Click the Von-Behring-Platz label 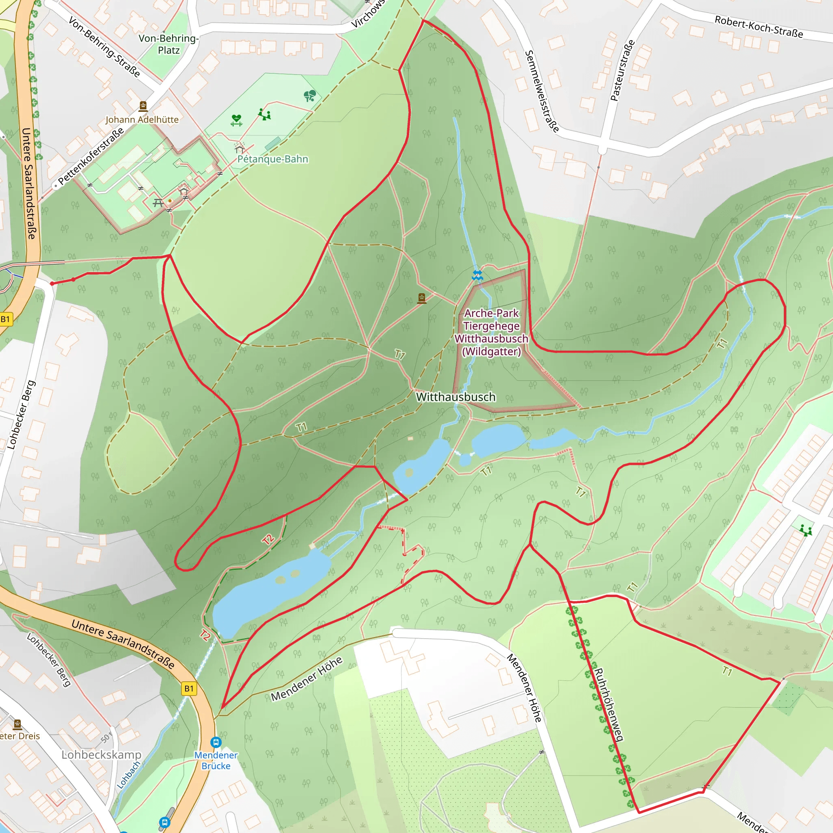[168, 44]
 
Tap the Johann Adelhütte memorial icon [143, 106]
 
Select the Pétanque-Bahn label [273, 159]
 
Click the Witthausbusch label [455, 397]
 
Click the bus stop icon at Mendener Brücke [216, 742]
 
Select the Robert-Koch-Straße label [759, 27]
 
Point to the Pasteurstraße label [622, 70]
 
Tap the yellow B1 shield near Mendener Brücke [189, 689]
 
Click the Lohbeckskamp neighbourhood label [101, 754]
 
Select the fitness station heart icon [236, 120]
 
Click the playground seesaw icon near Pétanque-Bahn [264, 115]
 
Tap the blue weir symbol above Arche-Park [477, 275]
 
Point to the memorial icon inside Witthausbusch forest [422, 298]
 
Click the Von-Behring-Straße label [105, 47]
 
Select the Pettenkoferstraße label [91, 156]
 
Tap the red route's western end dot [52, 283]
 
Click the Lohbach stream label [129, 775]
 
